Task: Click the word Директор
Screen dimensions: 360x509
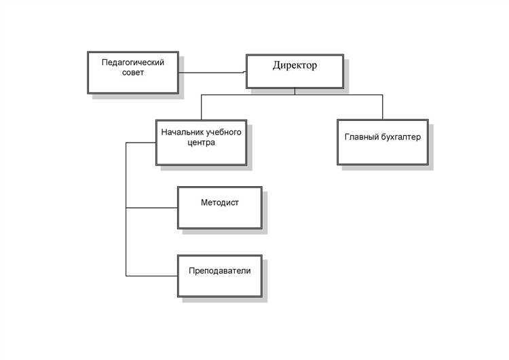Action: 295,66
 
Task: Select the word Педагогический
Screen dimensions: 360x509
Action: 134,61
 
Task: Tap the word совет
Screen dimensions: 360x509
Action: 134,73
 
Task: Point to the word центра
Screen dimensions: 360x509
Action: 201,143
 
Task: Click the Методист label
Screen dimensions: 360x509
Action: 220,202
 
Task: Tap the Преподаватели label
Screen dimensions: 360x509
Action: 220,270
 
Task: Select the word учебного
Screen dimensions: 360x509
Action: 224,132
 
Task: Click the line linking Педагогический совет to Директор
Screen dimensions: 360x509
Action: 213,72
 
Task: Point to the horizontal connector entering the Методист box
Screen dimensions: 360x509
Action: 152,207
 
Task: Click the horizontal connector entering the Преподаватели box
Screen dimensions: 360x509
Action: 152,275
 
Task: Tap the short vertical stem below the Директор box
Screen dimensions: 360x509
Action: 295,92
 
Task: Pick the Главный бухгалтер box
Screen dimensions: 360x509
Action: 382,153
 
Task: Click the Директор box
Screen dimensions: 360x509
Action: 295,79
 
